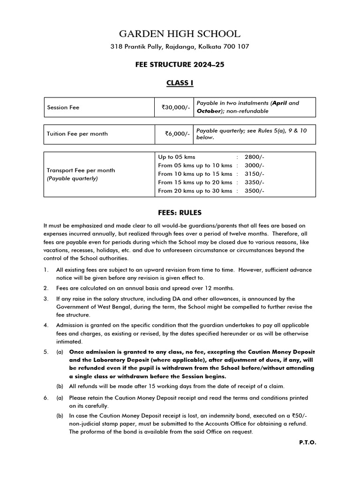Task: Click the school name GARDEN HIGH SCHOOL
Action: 180,34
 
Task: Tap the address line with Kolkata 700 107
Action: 180,47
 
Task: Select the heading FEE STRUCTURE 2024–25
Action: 180,65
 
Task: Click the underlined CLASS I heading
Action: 180,83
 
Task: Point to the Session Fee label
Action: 63,107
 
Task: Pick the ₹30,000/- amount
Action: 176,107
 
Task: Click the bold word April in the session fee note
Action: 280,103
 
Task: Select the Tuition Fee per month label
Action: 77,134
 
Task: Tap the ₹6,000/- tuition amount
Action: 177,134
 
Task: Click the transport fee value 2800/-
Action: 255,157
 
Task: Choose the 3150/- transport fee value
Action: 255,174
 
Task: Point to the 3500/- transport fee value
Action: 255,191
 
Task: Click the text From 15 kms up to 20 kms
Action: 195,182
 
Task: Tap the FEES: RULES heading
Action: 180,212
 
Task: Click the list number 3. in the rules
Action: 46,299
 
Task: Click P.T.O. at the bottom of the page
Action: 307,442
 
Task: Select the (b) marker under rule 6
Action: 60,415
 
